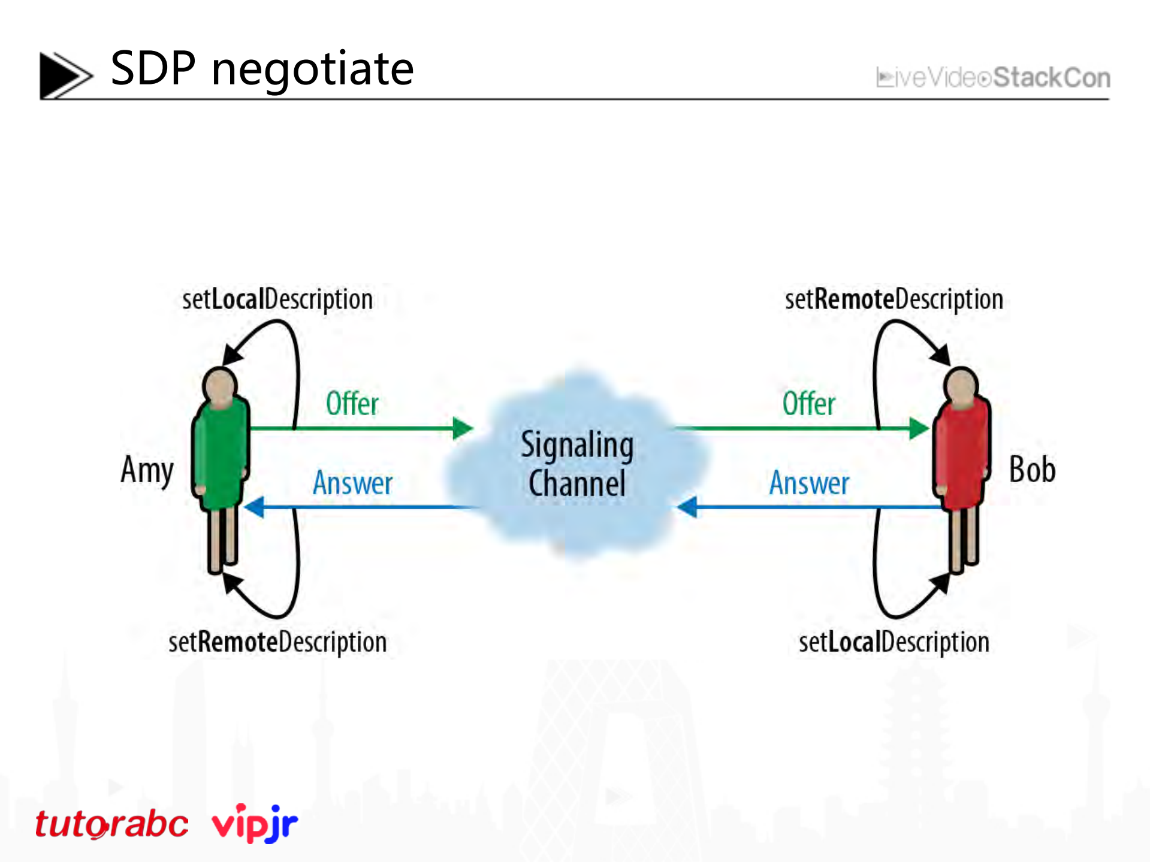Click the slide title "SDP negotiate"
click(x=262, y=69)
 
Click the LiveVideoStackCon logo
click(x=993, y=78)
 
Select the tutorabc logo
click(x=112, y=824)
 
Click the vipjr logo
click(x=255, y=823)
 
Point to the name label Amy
click(x=147, y=470)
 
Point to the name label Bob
click(x=1032, y=470)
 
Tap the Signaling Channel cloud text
click(x=577, y=464)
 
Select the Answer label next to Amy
click(x=352, y=483)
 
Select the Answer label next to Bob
click(x=809, y=483)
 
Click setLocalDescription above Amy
click(x=277, y=300)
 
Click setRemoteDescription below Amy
click(x=277, y=642)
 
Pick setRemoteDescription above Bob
click(x=894, y=300)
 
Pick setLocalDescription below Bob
click(x=894, y=642)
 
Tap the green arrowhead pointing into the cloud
click(x=463, y=428)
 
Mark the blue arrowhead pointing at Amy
click(x=255, y=507)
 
